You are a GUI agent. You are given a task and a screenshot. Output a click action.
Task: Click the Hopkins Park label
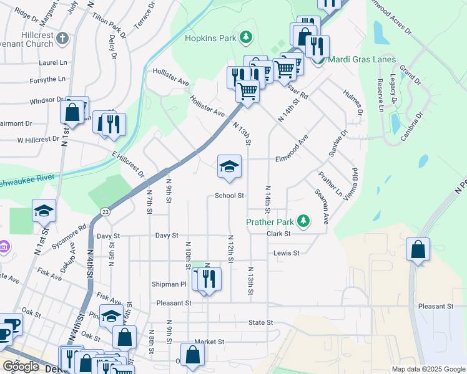pos(210,38)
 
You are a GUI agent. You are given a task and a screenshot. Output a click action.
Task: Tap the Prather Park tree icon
pos(303,221)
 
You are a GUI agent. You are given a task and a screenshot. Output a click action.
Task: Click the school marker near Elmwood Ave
pos(229,166)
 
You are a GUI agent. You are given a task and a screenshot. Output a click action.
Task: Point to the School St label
pos(229,195)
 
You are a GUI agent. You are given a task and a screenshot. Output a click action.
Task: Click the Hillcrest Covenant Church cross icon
pos(62,39)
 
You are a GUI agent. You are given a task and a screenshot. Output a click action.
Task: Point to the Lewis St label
pos(287,253)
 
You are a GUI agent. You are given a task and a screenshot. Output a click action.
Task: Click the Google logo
pos(21,367)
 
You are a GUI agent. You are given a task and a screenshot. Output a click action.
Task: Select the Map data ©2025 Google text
pos(427,369)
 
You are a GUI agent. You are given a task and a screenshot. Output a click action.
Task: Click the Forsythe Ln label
pos(47,79)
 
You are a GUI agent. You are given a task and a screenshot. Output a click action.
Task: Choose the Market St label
pos(209,342)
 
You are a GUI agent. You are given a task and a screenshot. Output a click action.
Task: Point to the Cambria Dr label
pos(413,127)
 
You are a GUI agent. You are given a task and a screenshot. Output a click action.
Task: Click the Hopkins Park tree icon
pos(247,37)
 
